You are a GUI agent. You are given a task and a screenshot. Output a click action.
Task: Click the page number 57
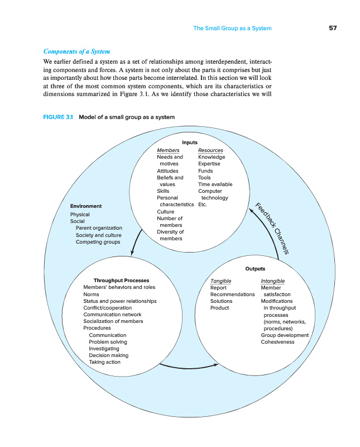point(333,28)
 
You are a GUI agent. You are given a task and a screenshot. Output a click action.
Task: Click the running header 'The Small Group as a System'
point(232,28)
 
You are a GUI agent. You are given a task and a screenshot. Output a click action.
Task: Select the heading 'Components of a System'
point(76,51)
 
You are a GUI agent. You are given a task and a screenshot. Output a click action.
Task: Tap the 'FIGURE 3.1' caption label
point(58,117)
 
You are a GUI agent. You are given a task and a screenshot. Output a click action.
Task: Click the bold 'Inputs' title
point(190,142)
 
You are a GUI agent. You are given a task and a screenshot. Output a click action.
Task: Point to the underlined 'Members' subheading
point(168,150)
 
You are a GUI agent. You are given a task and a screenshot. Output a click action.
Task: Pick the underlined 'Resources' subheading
point(210,150)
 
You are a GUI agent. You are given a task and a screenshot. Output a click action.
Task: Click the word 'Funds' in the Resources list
point(205,171)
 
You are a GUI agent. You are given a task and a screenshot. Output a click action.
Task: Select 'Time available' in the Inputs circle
point(215,184)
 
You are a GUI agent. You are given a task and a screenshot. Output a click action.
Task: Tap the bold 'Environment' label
point(86,206)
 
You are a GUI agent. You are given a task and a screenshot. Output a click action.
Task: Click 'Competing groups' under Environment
point(98,242)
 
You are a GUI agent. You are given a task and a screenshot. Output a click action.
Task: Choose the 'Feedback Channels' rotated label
point(272,229)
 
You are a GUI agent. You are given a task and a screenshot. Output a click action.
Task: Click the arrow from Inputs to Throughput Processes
point(135,242)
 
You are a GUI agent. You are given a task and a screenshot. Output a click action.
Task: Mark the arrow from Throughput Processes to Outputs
point(189,368)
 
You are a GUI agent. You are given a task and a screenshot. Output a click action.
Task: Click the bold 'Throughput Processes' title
point(121,280)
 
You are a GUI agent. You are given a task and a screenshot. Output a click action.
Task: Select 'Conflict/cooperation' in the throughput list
point(108,308)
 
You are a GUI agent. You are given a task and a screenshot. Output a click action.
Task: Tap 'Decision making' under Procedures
point(108,355)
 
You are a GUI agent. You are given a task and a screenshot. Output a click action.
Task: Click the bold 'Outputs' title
point(255,269)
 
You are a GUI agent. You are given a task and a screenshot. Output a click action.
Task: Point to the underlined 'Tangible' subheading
point(220,281)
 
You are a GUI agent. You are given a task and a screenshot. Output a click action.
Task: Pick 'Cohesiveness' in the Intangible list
point(278,342)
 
